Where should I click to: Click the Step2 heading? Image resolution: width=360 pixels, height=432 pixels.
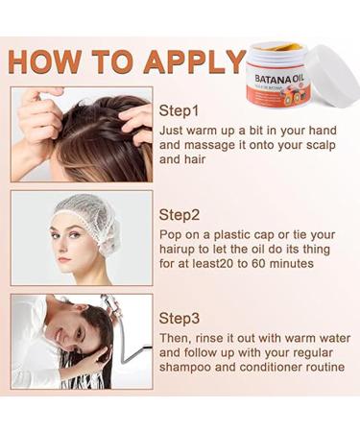[x=184, y=213]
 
